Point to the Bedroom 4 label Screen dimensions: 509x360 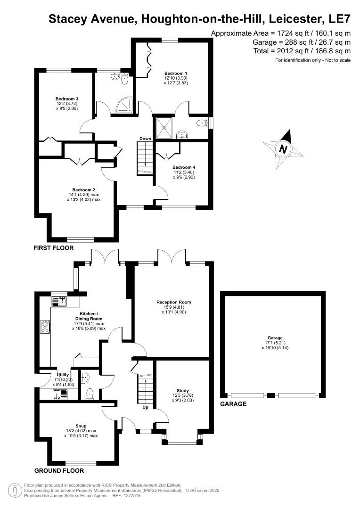[x=184, y=167]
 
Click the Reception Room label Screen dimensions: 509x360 [x=174, y=302]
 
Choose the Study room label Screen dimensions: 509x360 [x=182, y=390]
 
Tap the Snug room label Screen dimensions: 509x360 [x=77, y=425]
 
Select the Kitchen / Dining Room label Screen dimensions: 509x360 [x=89, y=316]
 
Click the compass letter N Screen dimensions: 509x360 [x=283, y=149]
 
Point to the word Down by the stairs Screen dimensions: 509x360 [x=145, y=139]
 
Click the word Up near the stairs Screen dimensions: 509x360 [x=146, y=407]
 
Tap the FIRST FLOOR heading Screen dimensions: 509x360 [x=53, y=248]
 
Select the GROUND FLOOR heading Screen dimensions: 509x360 [x=59, y=470]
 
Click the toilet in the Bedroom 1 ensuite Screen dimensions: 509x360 [x=201, y=123]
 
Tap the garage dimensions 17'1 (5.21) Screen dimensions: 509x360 [x=275, y=343]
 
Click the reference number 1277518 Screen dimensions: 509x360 [x=131, y=496]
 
